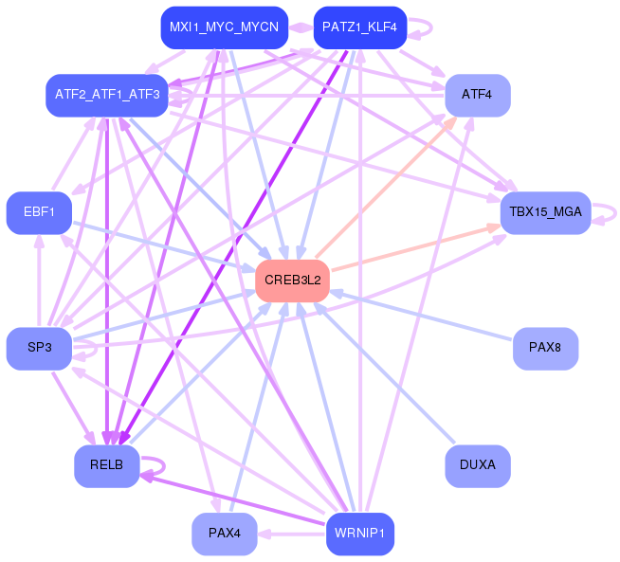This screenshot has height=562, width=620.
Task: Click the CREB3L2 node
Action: coord(292,281)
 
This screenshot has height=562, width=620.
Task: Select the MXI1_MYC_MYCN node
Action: coord(224,27)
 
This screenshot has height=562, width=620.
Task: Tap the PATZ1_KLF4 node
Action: coord(360,27)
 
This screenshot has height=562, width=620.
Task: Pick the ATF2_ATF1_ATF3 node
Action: coord(107,96)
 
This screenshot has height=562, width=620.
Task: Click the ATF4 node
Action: coord(478,96)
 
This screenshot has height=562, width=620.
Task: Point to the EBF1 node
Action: coord(39,212)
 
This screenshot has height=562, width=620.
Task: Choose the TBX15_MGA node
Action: coord(546,212)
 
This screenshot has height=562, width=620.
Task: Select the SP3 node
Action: coord(39,349)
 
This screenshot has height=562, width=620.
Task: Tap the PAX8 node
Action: coord(546,349)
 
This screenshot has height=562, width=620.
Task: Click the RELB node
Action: coord(107,465)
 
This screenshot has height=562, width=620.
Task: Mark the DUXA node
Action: coord(478,465)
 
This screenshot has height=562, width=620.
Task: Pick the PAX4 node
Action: coord(224,534)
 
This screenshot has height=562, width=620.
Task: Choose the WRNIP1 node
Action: coord(360,534)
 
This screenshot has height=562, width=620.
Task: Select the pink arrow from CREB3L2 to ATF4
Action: coord(387,187)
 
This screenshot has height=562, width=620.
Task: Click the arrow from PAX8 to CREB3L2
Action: coord(421,315)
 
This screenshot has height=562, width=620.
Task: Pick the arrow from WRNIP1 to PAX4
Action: coord(292,535)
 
